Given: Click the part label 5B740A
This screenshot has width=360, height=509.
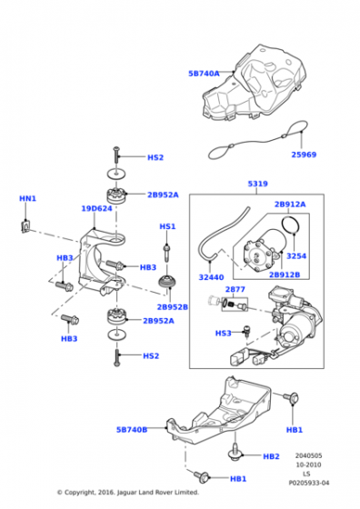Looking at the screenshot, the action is click(204, 74).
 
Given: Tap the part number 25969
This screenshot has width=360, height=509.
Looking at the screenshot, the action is click(304, 155).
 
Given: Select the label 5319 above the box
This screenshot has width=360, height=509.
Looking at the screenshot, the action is click(258, 184).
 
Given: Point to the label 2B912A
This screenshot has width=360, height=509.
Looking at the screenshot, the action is click(290, 205).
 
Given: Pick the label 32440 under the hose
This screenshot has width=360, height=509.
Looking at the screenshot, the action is click(211, 277).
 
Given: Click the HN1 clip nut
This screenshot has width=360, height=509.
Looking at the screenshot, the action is click(25, 226).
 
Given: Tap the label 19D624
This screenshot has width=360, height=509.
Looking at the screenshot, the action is click(96, 208).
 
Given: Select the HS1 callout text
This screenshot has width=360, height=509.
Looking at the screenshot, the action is click(167, 226).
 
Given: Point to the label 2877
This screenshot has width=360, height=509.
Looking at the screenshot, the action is click(235, 289).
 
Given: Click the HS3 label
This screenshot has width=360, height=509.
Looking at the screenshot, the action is click(224, 333).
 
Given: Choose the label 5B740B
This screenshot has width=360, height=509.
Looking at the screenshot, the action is click(132, 430).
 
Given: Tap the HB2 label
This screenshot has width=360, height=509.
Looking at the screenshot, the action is click(272, 456).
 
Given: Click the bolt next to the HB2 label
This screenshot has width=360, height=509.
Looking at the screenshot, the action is click(234, 451).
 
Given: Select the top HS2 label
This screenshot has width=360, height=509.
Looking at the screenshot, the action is click(155, 157).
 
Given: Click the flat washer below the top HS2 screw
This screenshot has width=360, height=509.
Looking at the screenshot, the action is click(117, 174).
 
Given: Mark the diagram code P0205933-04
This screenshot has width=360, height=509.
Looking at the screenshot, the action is click(309, 483).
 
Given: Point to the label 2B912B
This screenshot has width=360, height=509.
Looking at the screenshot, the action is click(285, 274).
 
